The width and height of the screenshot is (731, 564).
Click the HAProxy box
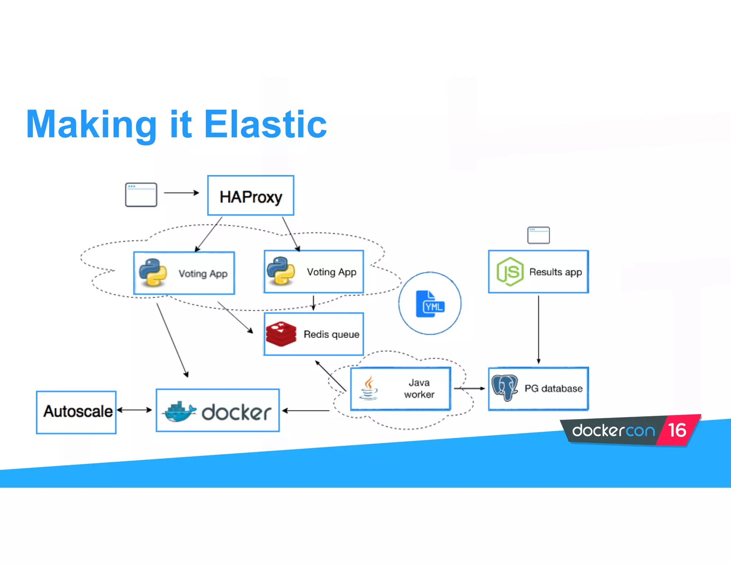[x=251, y=196]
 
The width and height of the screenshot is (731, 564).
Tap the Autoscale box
[x=76, y=412]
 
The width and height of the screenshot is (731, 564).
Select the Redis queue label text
[x=331, y=334]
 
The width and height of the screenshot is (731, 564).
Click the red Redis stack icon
[x=281, y=334]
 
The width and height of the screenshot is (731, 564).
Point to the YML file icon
[x=430, y=304]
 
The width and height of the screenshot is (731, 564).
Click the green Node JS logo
[x=510, y=272]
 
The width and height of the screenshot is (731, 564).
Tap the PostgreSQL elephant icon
[x=505, y=388]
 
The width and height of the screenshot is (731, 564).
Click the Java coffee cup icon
[x=369, y=388]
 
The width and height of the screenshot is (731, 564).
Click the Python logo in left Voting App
[x=153, y=273]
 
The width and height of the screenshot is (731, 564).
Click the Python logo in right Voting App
[x=281, y=271]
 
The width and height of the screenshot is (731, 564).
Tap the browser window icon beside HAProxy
[x=141, y=195]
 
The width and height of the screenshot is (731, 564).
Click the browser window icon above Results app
[x=538, y=235]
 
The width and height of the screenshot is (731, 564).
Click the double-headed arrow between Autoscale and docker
[x=135, y=410]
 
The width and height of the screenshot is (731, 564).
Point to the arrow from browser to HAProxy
[x=181, y=193]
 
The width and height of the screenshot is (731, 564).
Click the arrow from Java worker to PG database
[x=469, y=388]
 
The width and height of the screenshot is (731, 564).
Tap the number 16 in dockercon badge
[x=677, y=430]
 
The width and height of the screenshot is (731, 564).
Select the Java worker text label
[x=419, y=389]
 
